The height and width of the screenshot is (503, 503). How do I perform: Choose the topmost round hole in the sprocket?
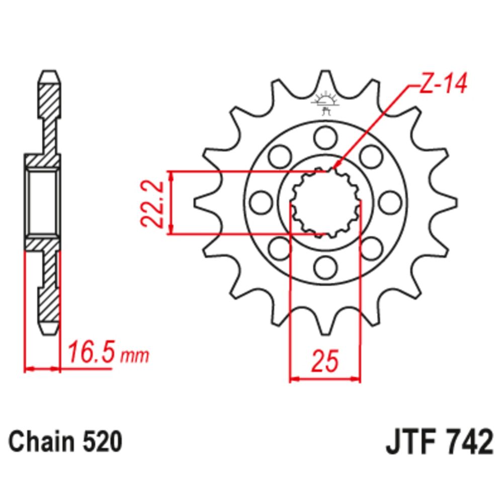pyautogui.click(x=325, y=136)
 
